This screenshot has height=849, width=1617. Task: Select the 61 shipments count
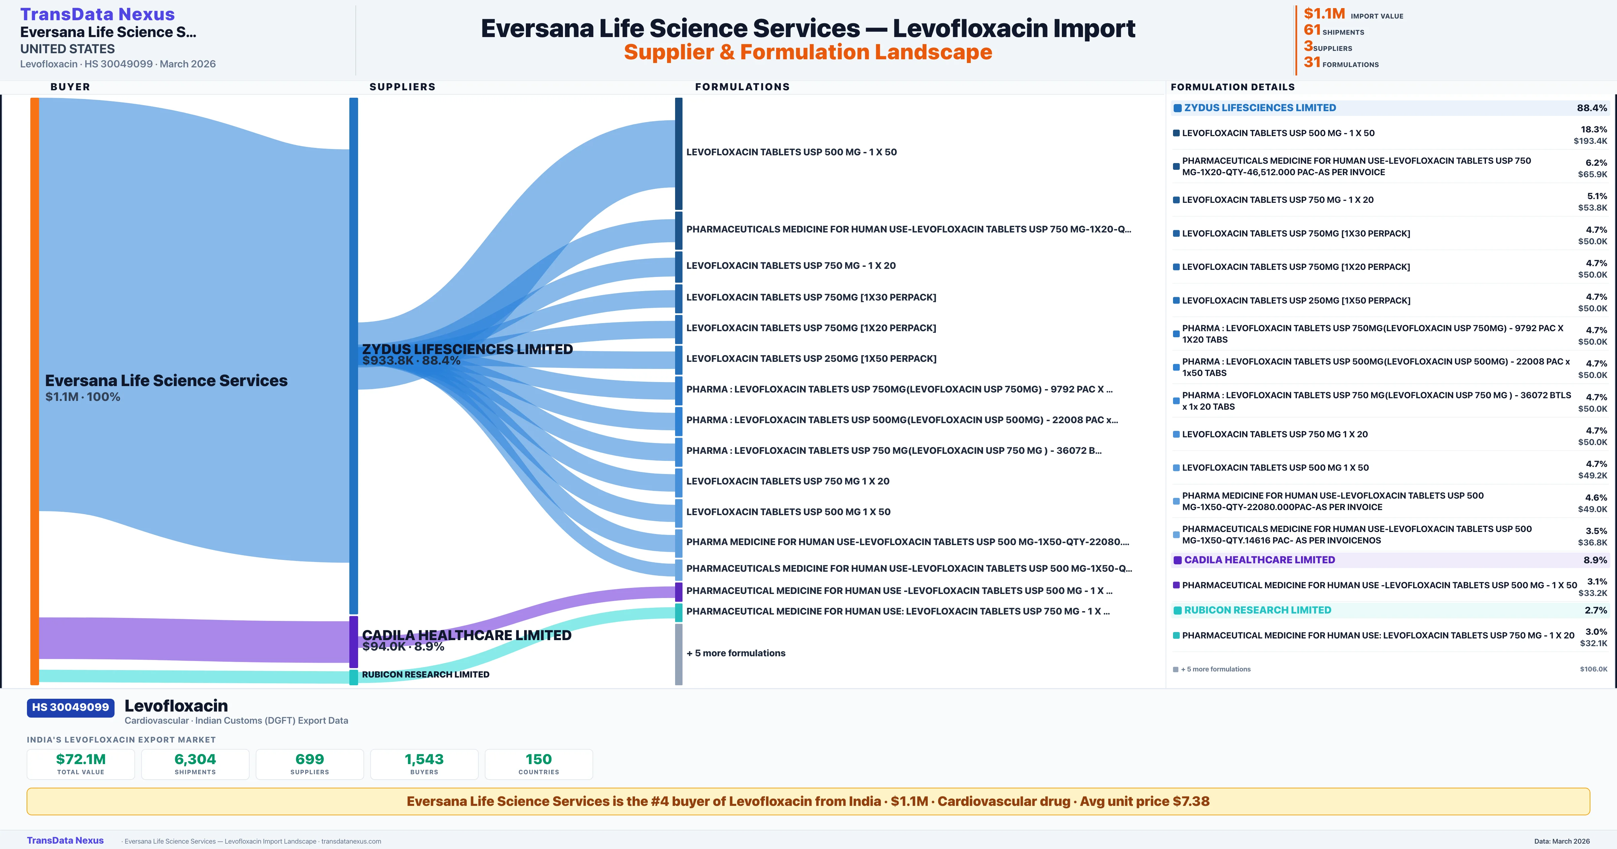click(1312, 30)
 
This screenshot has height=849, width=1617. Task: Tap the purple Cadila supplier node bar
click(353, 642)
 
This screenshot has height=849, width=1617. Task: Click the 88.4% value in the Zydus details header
click(1591, 108)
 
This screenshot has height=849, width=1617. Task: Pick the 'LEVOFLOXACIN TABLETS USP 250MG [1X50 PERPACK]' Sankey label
click(811, 358)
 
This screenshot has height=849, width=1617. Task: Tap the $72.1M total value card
click(81, 764)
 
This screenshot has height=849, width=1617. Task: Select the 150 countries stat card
click(539, 764)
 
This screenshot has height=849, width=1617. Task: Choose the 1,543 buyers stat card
click(424, 764)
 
